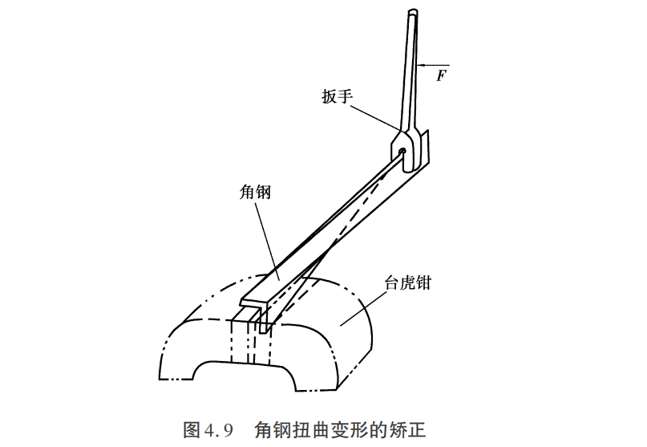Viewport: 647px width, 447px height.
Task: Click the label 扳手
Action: (x=337, y=96)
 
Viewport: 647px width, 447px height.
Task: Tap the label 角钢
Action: (x=255, y=193)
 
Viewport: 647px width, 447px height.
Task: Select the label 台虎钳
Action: (x=407, y=283)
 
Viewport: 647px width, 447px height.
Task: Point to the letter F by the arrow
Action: (x=442, y=75)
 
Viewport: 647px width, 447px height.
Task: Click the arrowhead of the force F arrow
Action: (x=420, y=65)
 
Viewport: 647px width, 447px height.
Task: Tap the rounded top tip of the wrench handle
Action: (x=413, y=11)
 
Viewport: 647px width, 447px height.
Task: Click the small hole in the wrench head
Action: (x=402, y=152)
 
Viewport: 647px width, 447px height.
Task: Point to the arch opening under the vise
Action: (x=245, y=375)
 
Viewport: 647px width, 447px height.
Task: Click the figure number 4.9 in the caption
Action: (x=218, y=431)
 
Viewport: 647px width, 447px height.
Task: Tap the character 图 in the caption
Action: (x=192, y=430)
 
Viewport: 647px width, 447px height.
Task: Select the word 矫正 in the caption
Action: (x=409, y=430)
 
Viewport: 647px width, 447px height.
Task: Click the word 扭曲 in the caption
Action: (x=305, y=430)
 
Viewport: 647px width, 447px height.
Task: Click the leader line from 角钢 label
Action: (x=268, y=241)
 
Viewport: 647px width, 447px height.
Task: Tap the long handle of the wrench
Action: (x=410, y=71)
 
